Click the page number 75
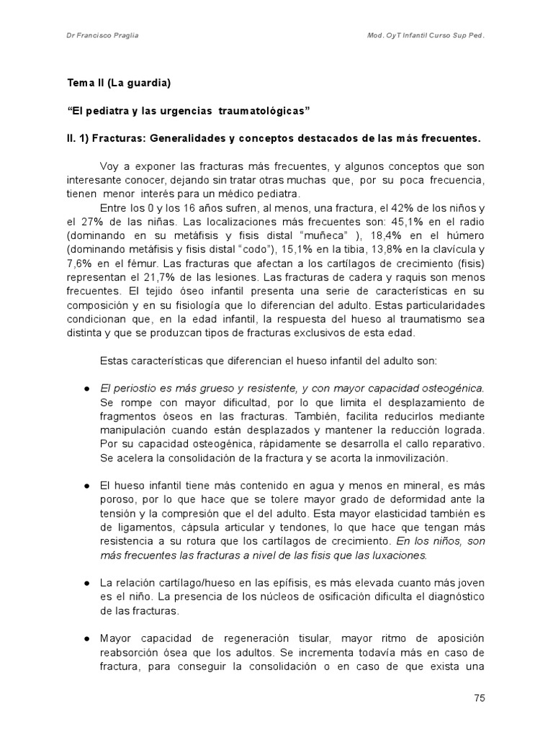(479, 697)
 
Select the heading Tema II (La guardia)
(119, 83)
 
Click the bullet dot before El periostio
(86, 388)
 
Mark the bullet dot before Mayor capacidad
(86, 638)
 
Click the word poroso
(119, 499)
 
